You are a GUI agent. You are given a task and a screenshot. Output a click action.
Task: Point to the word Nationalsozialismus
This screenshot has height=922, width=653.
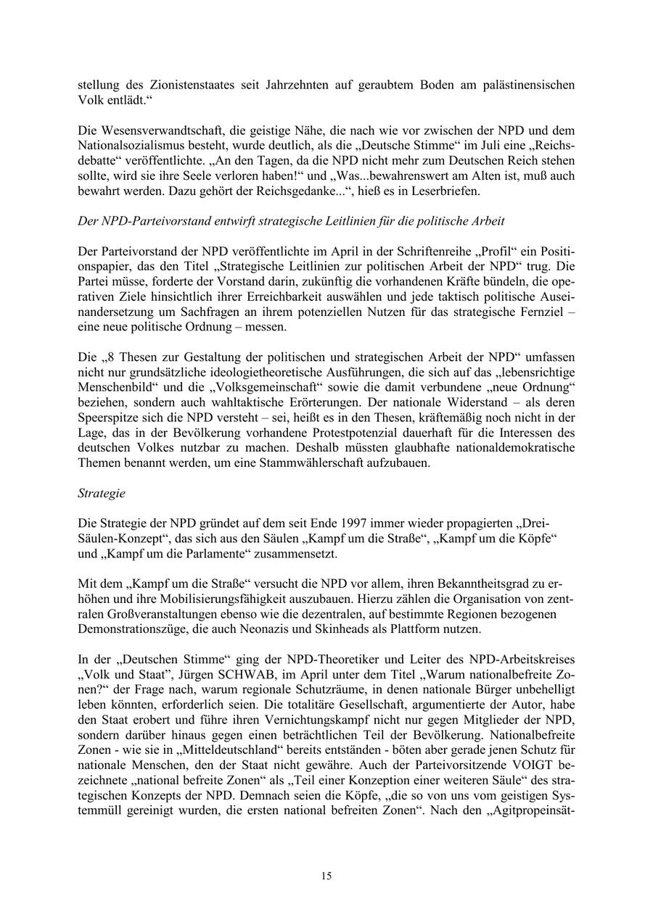131,146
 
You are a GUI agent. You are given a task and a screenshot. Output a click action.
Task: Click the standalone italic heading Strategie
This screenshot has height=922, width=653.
101,494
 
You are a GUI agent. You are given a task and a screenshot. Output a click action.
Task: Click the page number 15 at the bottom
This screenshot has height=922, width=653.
326,876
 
